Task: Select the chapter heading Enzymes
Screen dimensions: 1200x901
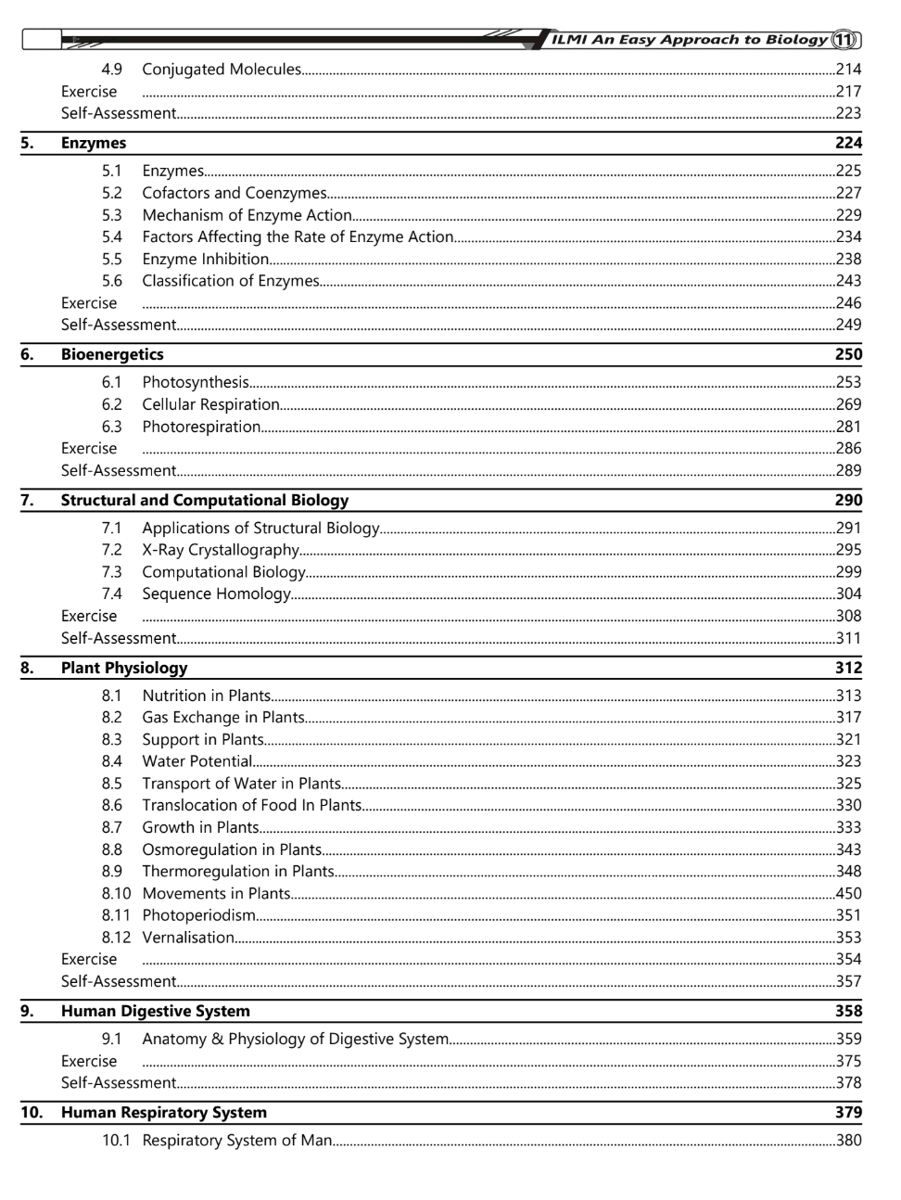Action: click(x=94, y=143)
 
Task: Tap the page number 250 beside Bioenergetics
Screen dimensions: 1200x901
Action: click(x=847, y=354)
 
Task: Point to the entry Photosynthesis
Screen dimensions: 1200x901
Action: click(x=196, y=382)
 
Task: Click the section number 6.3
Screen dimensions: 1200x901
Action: click(x=111, y=427)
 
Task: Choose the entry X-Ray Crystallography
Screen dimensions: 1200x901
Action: click(x=221, y=550)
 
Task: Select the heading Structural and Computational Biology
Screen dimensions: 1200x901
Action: click(x=205, y=500)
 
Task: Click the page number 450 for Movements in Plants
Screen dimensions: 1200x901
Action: click(x=848, y=893)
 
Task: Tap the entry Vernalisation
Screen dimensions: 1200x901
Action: click(x=188, y=938)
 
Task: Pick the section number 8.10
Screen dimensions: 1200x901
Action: click(x=116, y=893)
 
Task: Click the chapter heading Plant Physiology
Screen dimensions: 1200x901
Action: click(x=124, y=668)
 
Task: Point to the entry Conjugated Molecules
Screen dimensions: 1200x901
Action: click(x=222, y=70)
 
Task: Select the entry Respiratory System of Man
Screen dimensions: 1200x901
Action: click(x=237, y=1141)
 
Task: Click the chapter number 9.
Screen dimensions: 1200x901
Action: click(x=27, y=1011)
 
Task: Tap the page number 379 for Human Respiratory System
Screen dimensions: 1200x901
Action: click(x=847, y=1112)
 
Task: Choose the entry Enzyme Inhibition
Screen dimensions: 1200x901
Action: click(x=206, y=259)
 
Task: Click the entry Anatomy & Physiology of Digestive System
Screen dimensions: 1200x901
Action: click(x=296, y=1039)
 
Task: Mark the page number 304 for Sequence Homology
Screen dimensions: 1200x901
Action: click(x=848, y=594)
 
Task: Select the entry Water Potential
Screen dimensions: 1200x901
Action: click(x=197, y=761)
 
